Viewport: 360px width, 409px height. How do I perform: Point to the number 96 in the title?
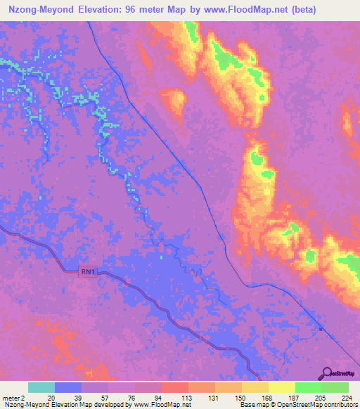tap(138, 10)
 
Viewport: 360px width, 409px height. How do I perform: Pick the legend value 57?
tap(108, 397)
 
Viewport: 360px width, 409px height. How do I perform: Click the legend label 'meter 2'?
tap(14, 397)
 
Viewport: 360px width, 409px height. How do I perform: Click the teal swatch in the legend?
tap(41, 387)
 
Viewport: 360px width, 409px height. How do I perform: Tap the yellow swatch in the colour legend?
tap(281, 387)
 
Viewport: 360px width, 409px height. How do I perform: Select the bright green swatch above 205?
tap(308, 387)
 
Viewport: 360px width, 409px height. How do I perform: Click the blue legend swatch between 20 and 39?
tap(68, 387)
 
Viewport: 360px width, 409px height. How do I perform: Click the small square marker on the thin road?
tap(320, 327)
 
